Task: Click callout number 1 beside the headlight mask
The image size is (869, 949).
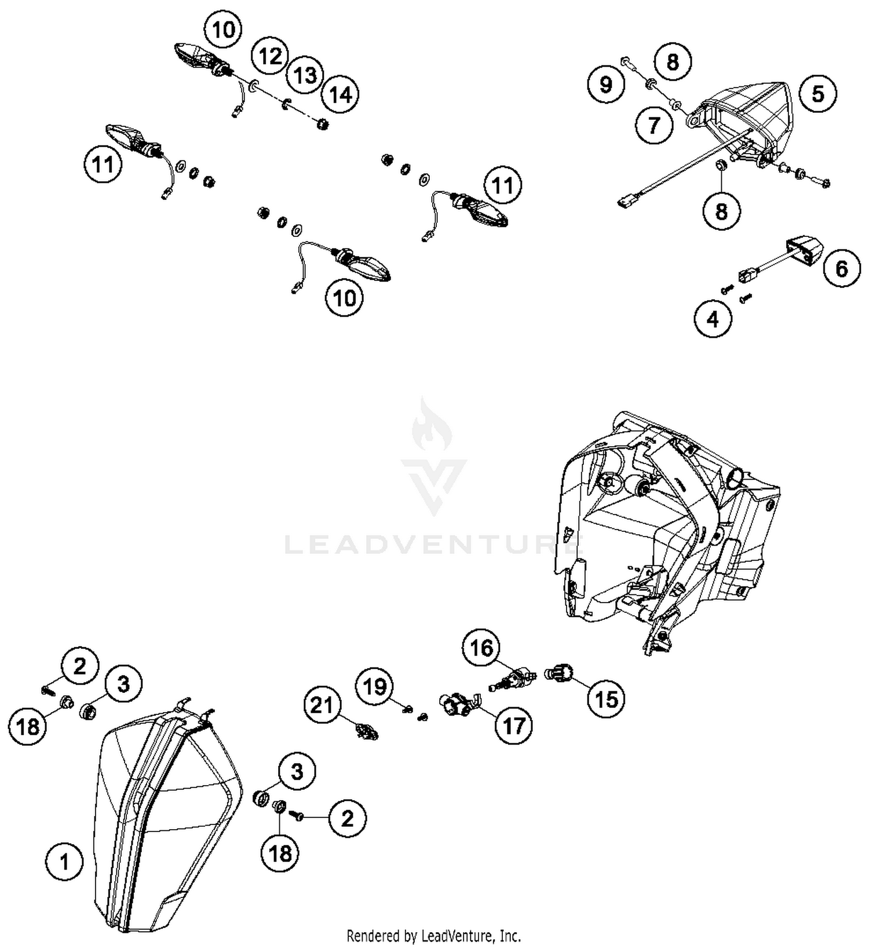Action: click(64, 862)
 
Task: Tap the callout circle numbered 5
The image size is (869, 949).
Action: click(817, 93)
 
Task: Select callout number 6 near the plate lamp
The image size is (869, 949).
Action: click(841, 268)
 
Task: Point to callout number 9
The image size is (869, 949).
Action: click(605, 85)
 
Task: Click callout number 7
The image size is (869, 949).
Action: click(653, 125)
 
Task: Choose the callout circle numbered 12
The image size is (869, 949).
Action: click(270, 56)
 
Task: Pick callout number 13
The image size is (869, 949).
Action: click(305, 75)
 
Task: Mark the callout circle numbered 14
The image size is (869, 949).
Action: click(341, 94)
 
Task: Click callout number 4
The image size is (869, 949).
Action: click(713, 318)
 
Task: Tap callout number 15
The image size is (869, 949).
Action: click(607, 699)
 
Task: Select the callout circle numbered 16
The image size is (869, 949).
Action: click(481, 648)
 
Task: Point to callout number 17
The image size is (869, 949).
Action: click(514, 725)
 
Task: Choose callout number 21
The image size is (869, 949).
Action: click(322, 706)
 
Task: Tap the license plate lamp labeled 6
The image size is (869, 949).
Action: click(804, 250)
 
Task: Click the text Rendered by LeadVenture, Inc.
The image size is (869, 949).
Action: click(433, 935)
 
